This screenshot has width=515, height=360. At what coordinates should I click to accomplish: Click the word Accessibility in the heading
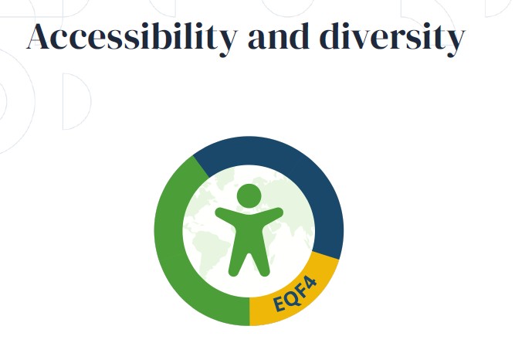pos(131,38)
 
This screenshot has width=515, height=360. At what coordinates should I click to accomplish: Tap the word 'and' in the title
pos(279,36)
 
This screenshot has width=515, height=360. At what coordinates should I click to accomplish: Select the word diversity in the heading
pos(392,38)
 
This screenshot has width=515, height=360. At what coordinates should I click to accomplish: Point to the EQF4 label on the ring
pos(295,294)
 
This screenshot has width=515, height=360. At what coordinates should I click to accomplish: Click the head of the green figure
pos(249,195)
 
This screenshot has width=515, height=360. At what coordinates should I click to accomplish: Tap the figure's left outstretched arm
pos(226,215)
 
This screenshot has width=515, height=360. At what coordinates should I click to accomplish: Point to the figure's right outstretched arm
pos(272,215)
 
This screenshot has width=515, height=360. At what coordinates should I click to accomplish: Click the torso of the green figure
pos(249,232)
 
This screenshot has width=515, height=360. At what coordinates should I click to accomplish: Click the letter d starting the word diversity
pos(331,36)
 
